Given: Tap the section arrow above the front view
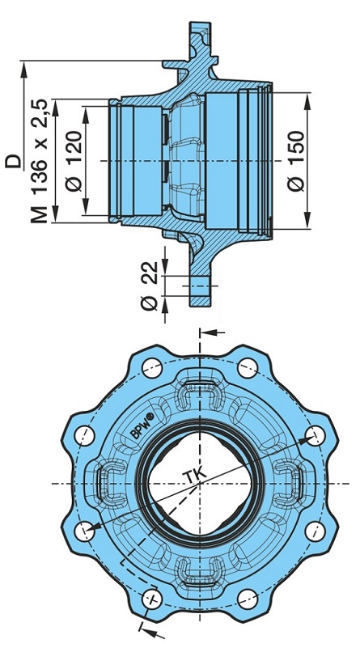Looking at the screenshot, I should pos(211,331).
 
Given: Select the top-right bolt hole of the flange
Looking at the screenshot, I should pos(246,368).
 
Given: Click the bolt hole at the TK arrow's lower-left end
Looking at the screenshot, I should pos(83,531).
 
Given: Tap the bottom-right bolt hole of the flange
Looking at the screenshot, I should pos(246,599).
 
